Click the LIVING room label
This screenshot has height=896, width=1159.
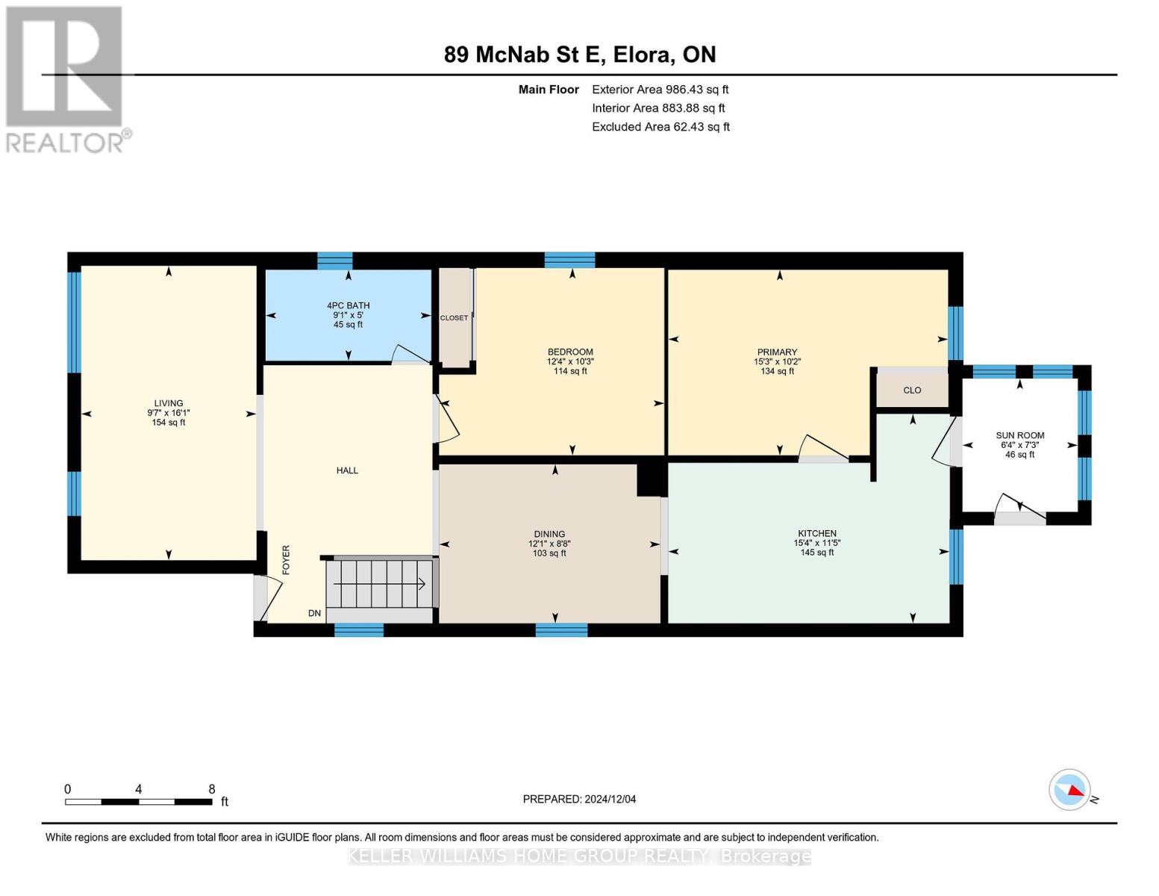(169, 403)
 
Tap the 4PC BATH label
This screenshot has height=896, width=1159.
(348, 305)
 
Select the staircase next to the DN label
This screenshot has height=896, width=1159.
(381, 584)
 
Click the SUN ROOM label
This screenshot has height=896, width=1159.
(1019, 435)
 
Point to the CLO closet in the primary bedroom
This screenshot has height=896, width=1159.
(912, 390)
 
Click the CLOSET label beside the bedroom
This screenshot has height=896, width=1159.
(454, 318)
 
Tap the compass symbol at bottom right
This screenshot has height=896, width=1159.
(1070, 789)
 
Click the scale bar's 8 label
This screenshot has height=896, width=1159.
(212, 789)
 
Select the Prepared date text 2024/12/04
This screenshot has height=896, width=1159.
(610, 799)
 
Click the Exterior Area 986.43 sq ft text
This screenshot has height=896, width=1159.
(660, 90)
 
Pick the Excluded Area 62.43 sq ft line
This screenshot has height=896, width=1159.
(660, 127)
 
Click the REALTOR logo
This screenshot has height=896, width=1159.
(66, 78)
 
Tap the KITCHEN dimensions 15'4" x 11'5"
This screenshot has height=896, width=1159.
(816, 543)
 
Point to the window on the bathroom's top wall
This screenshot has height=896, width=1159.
(334, 261)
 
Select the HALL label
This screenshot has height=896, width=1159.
(347, 470)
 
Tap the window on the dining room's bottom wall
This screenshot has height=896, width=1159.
(561, 630)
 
